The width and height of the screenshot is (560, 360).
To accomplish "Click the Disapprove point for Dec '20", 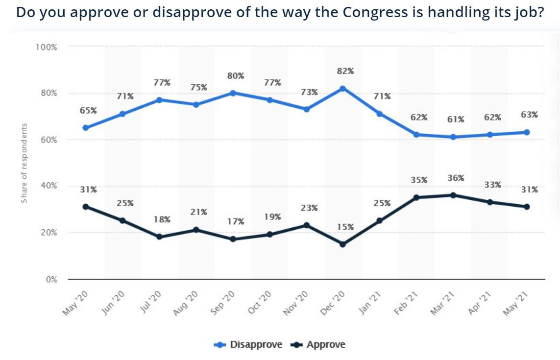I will tap(343, 89).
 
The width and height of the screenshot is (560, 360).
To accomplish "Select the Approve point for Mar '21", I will tap(453, 195).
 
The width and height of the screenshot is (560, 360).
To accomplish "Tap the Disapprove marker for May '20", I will tap(86, 128).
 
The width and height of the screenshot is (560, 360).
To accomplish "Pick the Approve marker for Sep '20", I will tap(233, 239).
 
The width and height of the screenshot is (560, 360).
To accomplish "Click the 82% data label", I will tap(345, 71).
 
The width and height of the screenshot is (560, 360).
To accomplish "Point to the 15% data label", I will tap(345, 227).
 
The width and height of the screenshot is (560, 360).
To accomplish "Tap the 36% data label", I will tap(456, 178).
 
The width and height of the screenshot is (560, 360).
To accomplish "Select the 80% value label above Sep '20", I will tap(236, 76).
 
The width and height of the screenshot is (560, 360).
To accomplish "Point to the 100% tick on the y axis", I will tap(46, 47).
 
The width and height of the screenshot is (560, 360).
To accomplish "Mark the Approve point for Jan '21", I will tap(380, 220).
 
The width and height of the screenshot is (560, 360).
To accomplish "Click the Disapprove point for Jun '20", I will tap(122, 114).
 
